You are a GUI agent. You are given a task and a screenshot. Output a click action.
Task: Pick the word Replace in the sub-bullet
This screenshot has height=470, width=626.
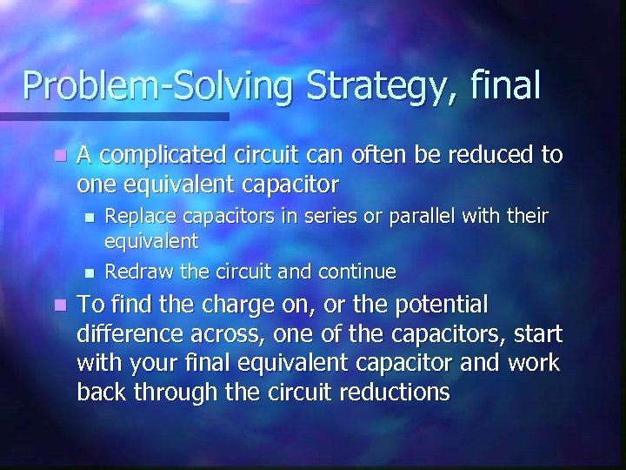coord(137,215)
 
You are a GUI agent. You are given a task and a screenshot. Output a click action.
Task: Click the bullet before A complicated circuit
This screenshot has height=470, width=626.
coord(58,156)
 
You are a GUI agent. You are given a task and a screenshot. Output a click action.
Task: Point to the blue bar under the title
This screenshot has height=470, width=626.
coord(114,115)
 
